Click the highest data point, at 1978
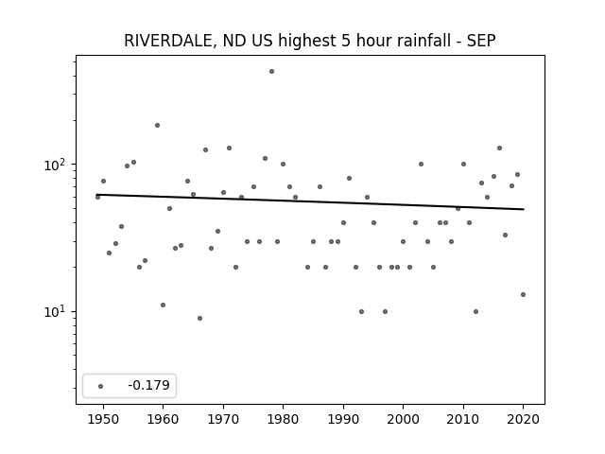(x=271, y=72)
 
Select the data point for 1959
(x=158, y=126)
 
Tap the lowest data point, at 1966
(x=199, y=319)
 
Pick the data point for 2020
(x=523, y=294)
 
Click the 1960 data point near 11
(x=164, y=305)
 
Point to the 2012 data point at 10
(x=475, y=311)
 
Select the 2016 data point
(x=500, y=148)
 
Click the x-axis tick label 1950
(x=103, y=419)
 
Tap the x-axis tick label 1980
(x=284, y=419)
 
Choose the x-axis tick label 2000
(x=404, y=419)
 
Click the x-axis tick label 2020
(x=523, y=419)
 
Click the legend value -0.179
(x=149, y=385)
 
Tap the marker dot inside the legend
(x=101, y=386)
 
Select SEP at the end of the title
(x=481, y=41)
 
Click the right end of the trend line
(x=524, y=209)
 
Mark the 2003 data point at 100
(x=421, y=164)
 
